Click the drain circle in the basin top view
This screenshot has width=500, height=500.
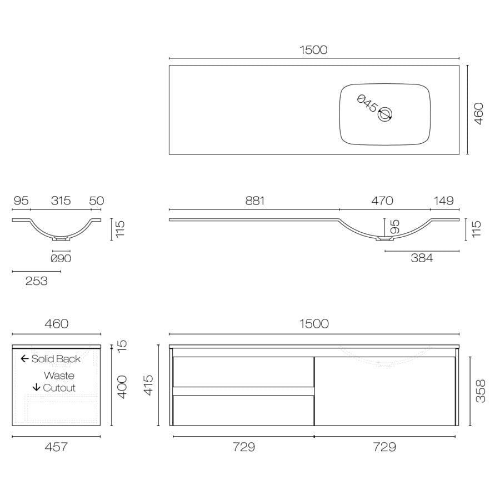(x=385, y=114)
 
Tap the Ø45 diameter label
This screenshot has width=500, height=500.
(x=367, y=103)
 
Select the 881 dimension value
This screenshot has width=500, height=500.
(x=255, y=201)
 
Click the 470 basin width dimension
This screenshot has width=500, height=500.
(x=382, y=201)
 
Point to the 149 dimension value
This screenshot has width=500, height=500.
(x=443, y=201)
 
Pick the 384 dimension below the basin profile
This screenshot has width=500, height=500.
(x=422, y=258)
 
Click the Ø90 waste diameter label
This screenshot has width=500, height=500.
(x=61, y=258)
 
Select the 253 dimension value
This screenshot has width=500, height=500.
(x=36, y=281)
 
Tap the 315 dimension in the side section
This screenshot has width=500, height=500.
(x=61, y=201)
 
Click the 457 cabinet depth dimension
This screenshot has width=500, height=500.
(x=56, y=447)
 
